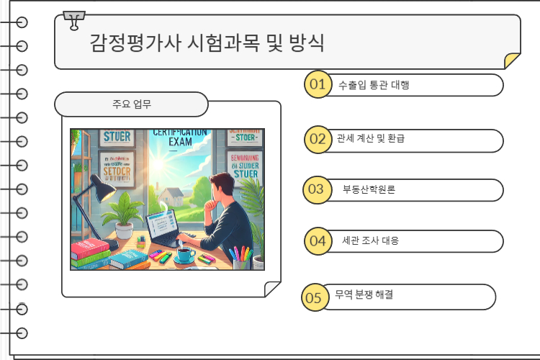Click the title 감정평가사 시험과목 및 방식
tap(207, 42)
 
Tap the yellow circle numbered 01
tap(317, 84)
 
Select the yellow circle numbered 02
tap(317, 138)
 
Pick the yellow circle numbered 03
tap(316, 189)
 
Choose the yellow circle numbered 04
tap(317, 240)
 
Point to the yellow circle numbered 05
tap(313, 297)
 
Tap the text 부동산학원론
tap(369, 190)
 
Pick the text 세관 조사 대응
tap(370, 240)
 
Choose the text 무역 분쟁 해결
tap(364, 295)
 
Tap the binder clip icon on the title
tap(73, 21)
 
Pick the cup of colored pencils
tap(240, 257)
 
